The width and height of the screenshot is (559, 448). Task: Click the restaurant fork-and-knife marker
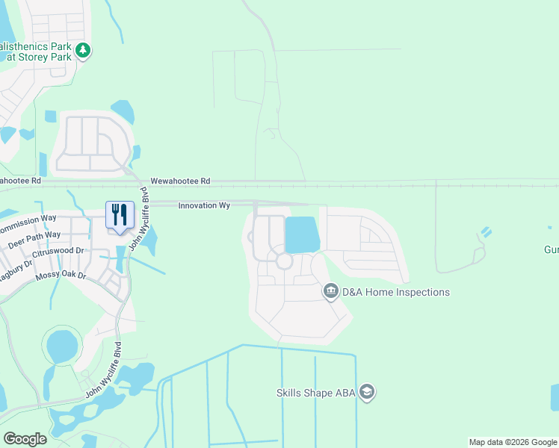pos(120,214)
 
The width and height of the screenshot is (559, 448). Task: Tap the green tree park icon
pos(84,51)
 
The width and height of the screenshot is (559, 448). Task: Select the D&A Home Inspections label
pos(396,292)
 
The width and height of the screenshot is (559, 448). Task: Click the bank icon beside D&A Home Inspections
pos(331,291)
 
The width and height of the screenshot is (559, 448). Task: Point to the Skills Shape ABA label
pos(315,392)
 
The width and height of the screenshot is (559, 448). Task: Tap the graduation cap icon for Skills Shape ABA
pos(366,391)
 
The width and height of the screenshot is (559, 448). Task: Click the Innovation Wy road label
pos(204,205)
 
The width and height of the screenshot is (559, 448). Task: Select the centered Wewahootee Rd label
pos(180,181)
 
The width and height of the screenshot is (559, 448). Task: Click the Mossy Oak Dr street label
pos(61,277)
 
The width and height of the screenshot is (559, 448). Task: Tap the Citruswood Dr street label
pos(59,252)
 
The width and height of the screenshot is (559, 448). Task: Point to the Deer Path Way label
pos(34,240)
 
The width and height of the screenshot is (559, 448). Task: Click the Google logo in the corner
pos(25,438)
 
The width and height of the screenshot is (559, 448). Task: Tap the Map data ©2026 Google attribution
pos(513,442)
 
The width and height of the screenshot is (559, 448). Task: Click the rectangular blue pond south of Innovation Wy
pos(302,234)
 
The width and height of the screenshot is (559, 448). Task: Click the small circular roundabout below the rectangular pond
pos(283,261)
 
